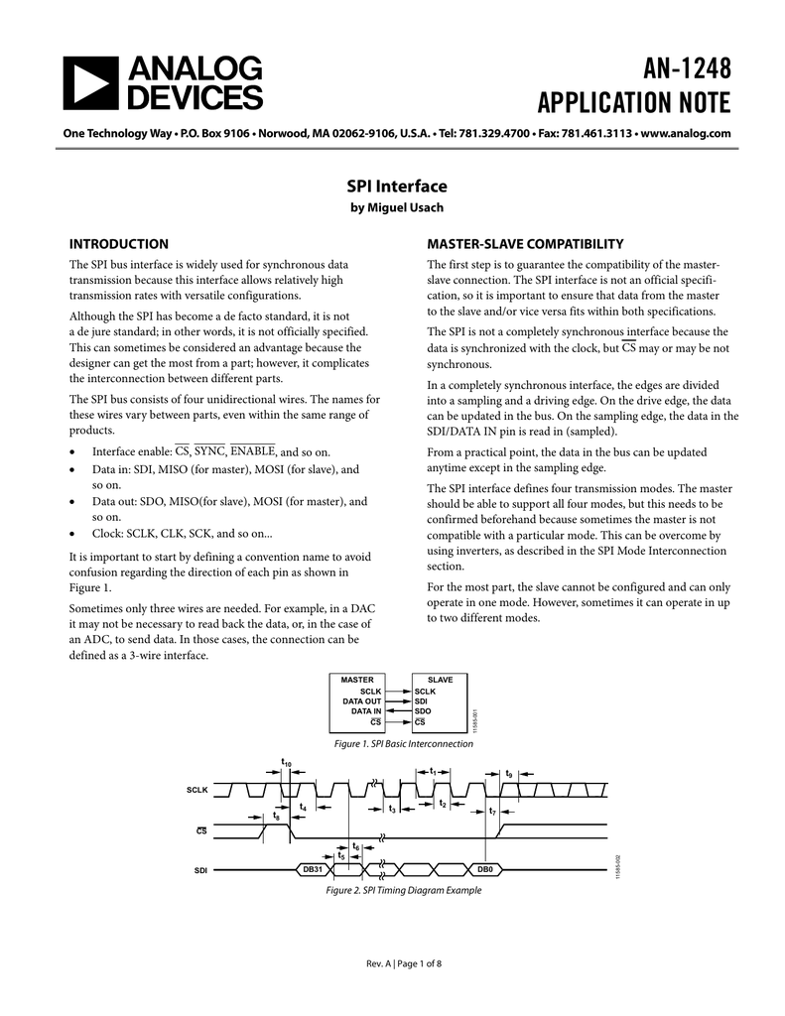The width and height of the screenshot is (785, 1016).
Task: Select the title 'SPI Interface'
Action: click(x=396, y=186)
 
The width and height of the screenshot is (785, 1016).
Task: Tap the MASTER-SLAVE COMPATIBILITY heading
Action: click(x=524, y=244)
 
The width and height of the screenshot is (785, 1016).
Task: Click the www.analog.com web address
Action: click(x=686, y=133)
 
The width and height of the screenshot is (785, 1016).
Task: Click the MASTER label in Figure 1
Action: click(x=357, y=680)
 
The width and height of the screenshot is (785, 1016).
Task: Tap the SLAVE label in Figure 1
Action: click(x=439, y=680)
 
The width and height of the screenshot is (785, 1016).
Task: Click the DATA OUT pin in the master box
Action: click(x=362, y=700)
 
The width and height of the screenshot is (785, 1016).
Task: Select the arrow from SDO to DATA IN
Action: click(x=399, y=711)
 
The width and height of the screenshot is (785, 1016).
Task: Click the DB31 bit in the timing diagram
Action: click(x=313, y=869)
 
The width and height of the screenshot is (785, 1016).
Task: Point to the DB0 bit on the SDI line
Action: click(x=485, y=869)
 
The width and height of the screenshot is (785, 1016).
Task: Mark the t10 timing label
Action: click(x=286, y=763)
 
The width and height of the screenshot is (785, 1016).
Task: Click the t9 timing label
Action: click(x=509, y=773)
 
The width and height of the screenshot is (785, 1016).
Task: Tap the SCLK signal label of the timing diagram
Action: click(x=197, y=790)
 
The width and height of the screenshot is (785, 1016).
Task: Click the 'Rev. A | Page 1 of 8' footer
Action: click(x=392, y=962)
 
